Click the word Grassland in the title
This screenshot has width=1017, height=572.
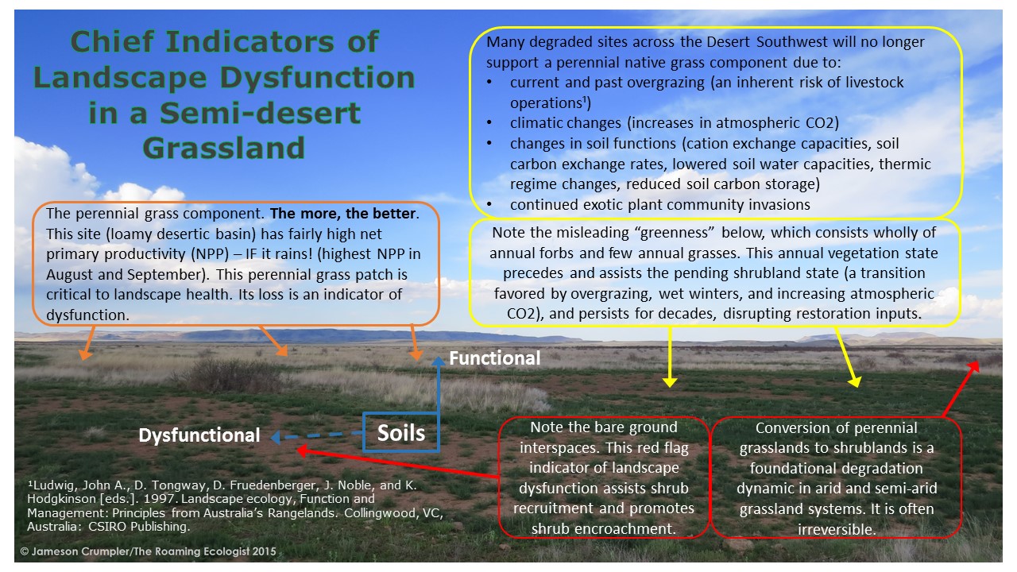click(224, 148)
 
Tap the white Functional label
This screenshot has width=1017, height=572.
click(495, 358)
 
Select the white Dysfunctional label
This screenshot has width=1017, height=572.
click(199, 435)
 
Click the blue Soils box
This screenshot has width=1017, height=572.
click(401, 432)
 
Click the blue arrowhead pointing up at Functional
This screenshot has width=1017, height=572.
click(438, 361)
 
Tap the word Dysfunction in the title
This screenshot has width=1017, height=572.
click(317, 78)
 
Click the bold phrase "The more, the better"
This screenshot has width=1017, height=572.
click(342, 214)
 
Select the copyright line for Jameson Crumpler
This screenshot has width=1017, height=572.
click(148, 551)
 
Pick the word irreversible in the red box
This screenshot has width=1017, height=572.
click(837, 529)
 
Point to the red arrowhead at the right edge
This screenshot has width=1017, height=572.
click(974, 368)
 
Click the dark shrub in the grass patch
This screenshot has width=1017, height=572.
click(230, 374)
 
